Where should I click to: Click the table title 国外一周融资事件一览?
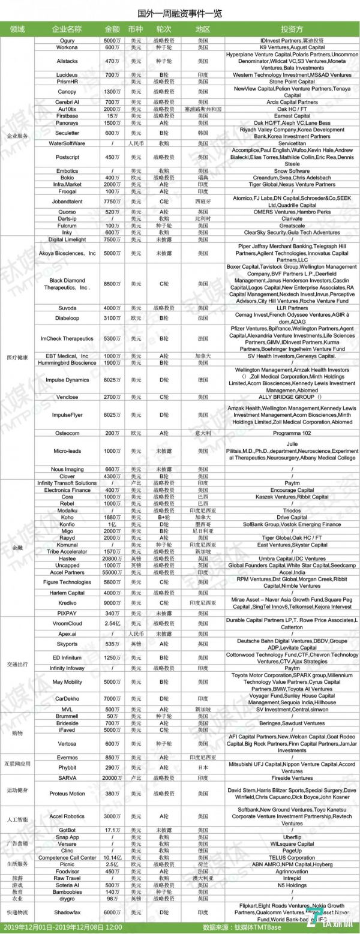180,13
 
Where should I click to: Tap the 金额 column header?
112,29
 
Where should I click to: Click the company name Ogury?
67,40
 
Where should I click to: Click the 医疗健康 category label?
18,358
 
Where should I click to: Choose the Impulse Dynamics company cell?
67,380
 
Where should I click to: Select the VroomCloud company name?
67,624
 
